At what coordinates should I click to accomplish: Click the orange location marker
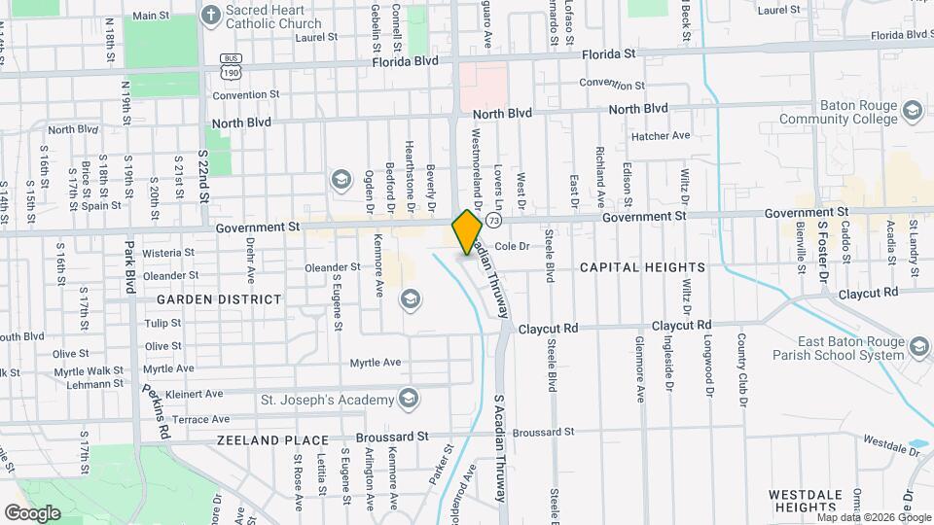(x=467, y=232)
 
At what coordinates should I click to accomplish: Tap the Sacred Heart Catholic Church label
(x=260, y=16)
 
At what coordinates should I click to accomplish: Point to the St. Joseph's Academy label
(x=327, y=399)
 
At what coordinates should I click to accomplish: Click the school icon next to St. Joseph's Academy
(x=409, y=399)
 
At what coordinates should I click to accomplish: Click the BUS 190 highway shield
(x=231, y=65)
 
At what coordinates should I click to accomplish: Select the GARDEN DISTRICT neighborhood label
(x=219, y=299)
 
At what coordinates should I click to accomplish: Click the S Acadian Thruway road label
(x=500, y=448)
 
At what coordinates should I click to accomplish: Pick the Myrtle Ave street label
(x=376, y=363)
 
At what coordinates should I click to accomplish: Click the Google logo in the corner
(x=33, y=512)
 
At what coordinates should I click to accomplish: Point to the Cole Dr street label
(x=511, y=247)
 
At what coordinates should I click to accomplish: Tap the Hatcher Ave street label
(x=661, y=136)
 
